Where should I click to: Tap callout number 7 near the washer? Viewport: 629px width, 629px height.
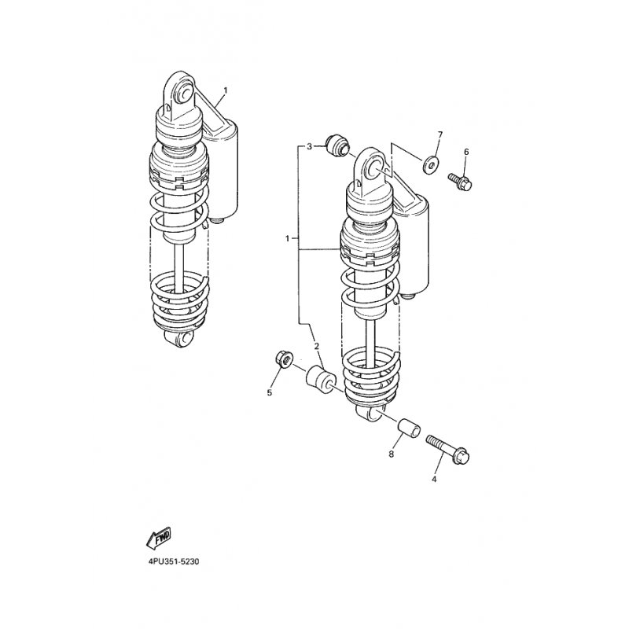440,134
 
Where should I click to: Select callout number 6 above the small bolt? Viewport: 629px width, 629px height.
466,152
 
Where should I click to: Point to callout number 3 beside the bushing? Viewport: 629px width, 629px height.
309,147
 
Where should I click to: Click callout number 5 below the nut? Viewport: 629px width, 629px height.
270,392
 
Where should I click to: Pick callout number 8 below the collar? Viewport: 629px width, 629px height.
391,454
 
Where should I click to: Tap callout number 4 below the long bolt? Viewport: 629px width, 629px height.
434,479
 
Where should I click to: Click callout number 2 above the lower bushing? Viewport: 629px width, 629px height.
317,346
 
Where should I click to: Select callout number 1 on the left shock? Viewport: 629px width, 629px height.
225,90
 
